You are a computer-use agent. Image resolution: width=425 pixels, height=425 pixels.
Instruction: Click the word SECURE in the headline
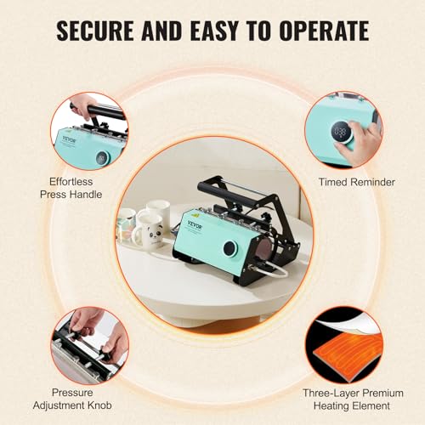click(x=95, y=31)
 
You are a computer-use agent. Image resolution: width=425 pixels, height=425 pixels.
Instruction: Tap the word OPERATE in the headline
click(x=324, y=31)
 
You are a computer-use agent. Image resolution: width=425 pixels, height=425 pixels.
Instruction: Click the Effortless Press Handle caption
click(x=71, y=188)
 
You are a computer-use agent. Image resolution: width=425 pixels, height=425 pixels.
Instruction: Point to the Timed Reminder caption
click(x=357, y=182)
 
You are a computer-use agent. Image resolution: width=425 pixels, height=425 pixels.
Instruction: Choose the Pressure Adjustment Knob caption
click(x=72, y=399)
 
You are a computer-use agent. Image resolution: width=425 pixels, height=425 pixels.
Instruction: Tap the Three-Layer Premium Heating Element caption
click(x=353, y=399)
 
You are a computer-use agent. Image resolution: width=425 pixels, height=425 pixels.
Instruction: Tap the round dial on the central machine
click(x=230, y=248)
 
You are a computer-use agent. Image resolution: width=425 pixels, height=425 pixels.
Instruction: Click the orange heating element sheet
click(x=348, y=352)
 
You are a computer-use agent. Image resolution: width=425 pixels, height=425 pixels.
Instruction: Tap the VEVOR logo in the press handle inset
click(x=70, y=139)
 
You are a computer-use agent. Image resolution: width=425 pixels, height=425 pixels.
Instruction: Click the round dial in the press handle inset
click(x=102, y=157)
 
